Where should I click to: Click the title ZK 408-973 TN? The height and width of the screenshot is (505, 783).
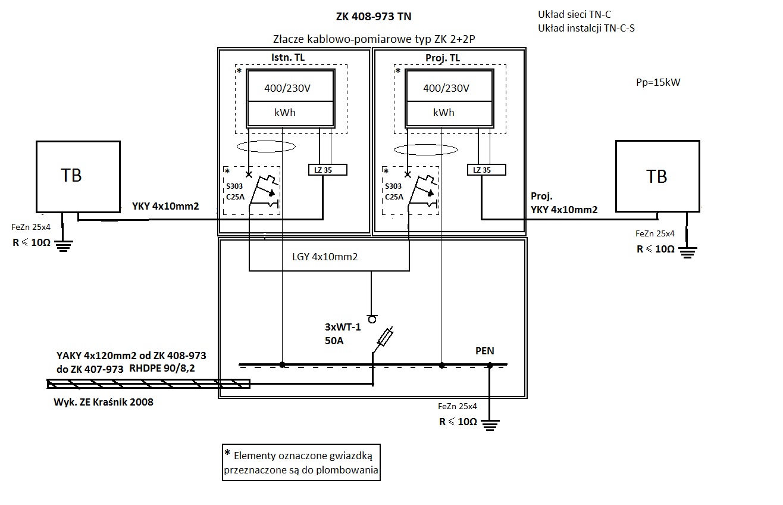[x=374, y=17]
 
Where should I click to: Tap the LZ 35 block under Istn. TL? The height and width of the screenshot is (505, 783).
[x=327, y=170]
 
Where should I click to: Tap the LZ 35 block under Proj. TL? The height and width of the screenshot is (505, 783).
[x=487, y=170]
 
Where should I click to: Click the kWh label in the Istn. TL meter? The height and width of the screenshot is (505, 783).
[x=285, y=113]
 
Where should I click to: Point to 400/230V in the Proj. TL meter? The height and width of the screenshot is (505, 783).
[x=446, y=88]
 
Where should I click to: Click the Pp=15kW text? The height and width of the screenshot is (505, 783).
[x=658, y=83]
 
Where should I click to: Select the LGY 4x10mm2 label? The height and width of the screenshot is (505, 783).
[x=325, y=257]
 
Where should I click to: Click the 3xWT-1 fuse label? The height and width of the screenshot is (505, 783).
[x=343, y=327]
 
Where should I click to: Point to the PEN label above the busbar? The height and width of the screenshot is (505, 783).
[x=485, y=351]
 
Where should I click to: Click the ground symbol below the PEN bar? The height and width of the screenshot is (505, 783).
[x=490, y=425]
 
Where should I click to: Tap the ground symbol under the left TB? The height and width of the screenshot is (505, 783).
[x=63, y=246]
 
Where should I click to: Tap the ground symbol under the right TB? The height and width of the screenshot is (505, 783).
[x=688, y=253]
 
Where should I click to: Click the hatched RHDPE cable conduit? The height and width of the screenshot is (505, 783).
[x=148, y=384]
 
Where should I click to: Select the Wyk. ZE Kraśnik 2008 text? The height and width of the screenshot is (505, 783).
[x=104, y=402]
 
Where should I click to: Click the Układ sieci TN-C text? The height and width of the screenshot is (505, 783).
[x=574, y=15]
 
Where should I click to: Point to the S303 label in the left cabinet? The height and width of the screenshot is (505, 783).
[x=234, y=186]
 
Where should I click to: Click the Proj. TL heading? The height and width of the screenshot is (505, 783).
[x=443, y=58]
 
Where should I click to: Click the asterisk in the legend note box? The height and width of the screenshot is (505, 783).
[x=227, y=453]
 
